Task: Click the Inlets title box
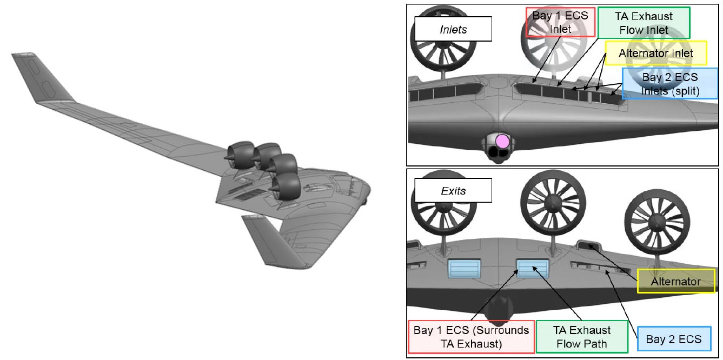click(453, 29)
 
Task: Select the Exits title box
click(453, 191)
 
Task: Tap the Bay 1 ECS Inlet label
click(560, 22)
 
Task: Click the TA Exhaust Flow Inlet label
click(644, 23)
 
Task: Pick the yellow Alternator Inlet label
click(656, 53)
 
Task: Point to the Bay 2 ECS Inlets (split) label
click(670, 84)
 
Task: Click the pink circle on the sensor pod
click(502, 141)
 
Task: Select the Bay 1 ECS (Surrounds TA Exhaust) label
click(471, 337)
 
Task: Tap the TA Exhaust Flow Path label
click(582, 337)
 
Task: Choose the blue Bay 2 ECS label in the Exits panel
click(674, 339)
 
